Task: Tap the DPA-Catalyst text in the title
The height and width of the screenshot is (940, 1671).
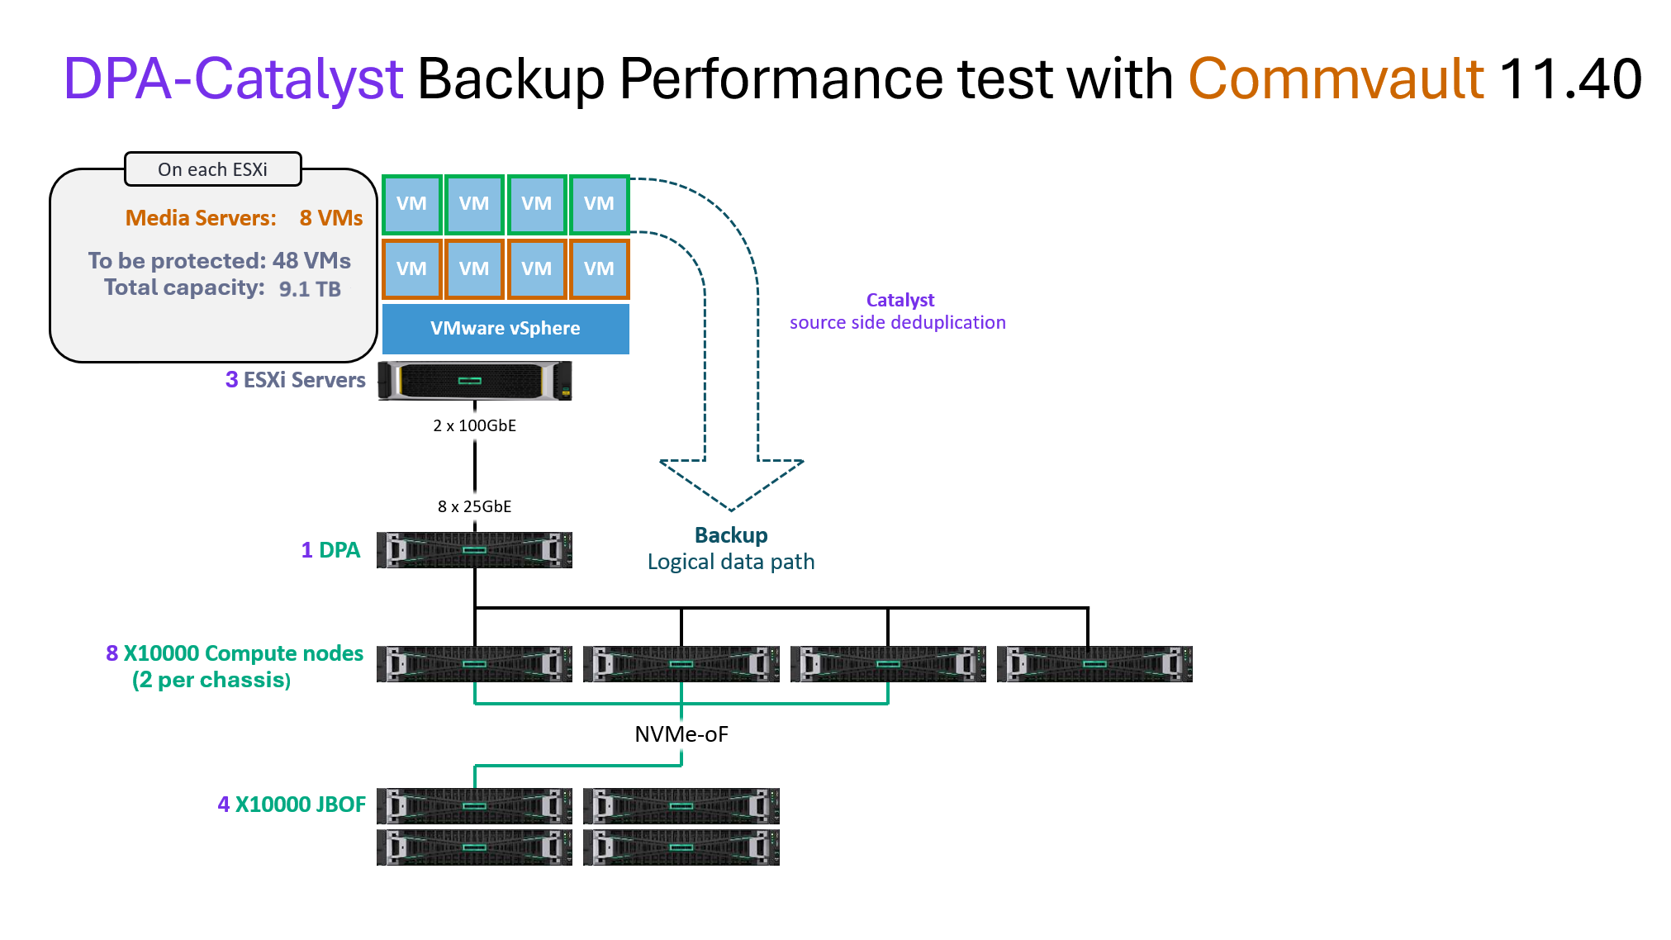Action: click(233, 79)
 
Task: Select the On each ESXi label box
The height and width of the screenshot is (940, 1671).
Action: click(212, 169)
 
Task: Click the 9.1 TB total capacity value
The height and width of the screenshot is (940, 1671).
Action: click(310, 289)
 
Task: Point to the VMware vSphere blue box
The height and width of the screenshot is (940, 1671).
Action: click(506, 329)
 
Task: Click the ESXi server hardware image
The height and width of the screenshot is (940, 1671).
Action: click(474, 381)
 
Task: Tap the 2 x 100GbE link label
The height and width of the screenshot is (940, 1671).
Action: click(474, 425)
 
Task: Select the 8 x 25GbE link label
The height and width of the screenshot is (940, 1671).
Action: click(474, 506)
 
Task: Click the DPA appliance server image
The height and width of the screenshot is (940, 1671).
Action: click(474, 550)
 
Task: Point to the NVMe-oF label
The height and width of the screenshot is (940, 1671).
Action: click(681, 734)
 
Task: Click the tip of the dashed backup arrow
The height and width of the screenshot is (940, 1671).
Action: click(731, 509)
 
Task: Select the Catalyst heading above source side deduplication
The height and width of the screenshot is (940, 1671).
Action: click(900, 300)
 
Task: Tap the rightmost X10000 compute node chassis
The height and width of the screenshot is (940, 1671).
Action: click(1094, 664)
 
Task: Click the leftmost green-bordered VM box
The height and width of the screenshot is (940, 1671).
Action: click(411, 204)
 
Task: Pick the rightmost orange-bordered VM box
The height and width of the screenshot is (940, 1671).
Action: click(599, 268)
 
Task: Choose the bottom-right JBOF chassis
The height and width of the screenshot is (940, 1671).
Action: click(681, 847)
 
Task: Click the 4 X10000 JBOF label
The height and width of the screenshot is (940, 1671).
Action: click(292, 805)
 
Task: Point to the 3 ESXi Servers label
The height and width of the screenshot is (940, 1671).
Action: click(295, 380)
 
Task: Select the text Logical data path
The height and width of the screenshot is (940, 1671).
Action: click(731, 563)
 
